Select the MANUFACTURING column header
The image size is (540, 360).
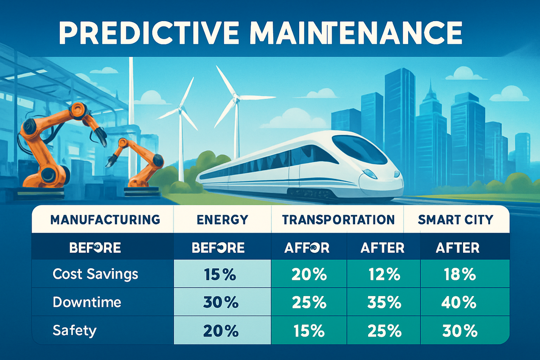(x=105, y=220)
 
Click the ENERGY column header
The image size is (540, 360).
(x=222, y=220)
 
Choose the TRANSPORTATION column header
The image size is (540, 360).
(x=338, y=220)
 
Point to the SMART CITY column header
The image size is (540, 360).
(x=455, y=220)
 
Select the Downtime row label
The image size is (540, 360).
(x=87, y=302)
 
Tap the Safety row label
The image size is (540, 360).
(x=74, y=331)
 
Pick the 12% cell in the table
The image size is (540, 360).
(x=381, y=274)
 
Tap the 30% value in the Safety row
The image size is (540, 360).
(x=456, y=331)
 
